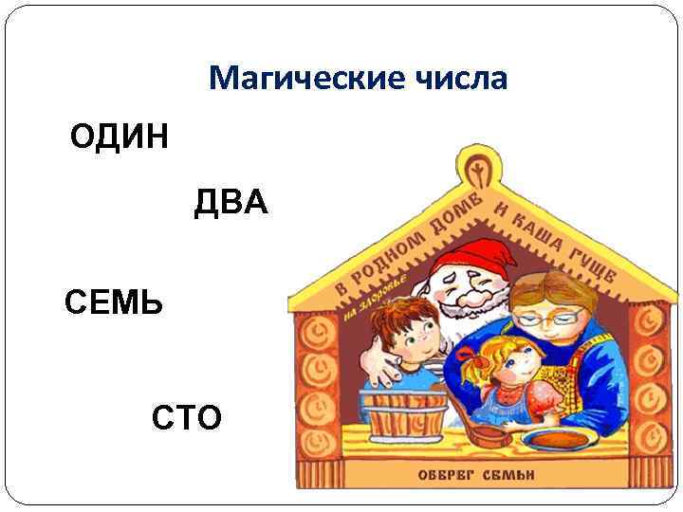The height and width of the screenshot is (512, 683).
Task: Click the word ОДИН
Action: pos(120,137)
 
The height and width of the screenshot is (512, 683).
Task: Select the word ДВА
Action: pos(232,203)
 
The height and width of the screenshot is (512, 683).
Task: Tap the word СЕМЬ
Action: pos(114,303)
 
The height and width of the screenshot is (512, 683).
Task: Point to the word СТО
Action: pos(187,416)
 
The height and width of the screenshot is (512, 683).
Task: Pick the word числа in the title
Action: pos(460,79)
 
